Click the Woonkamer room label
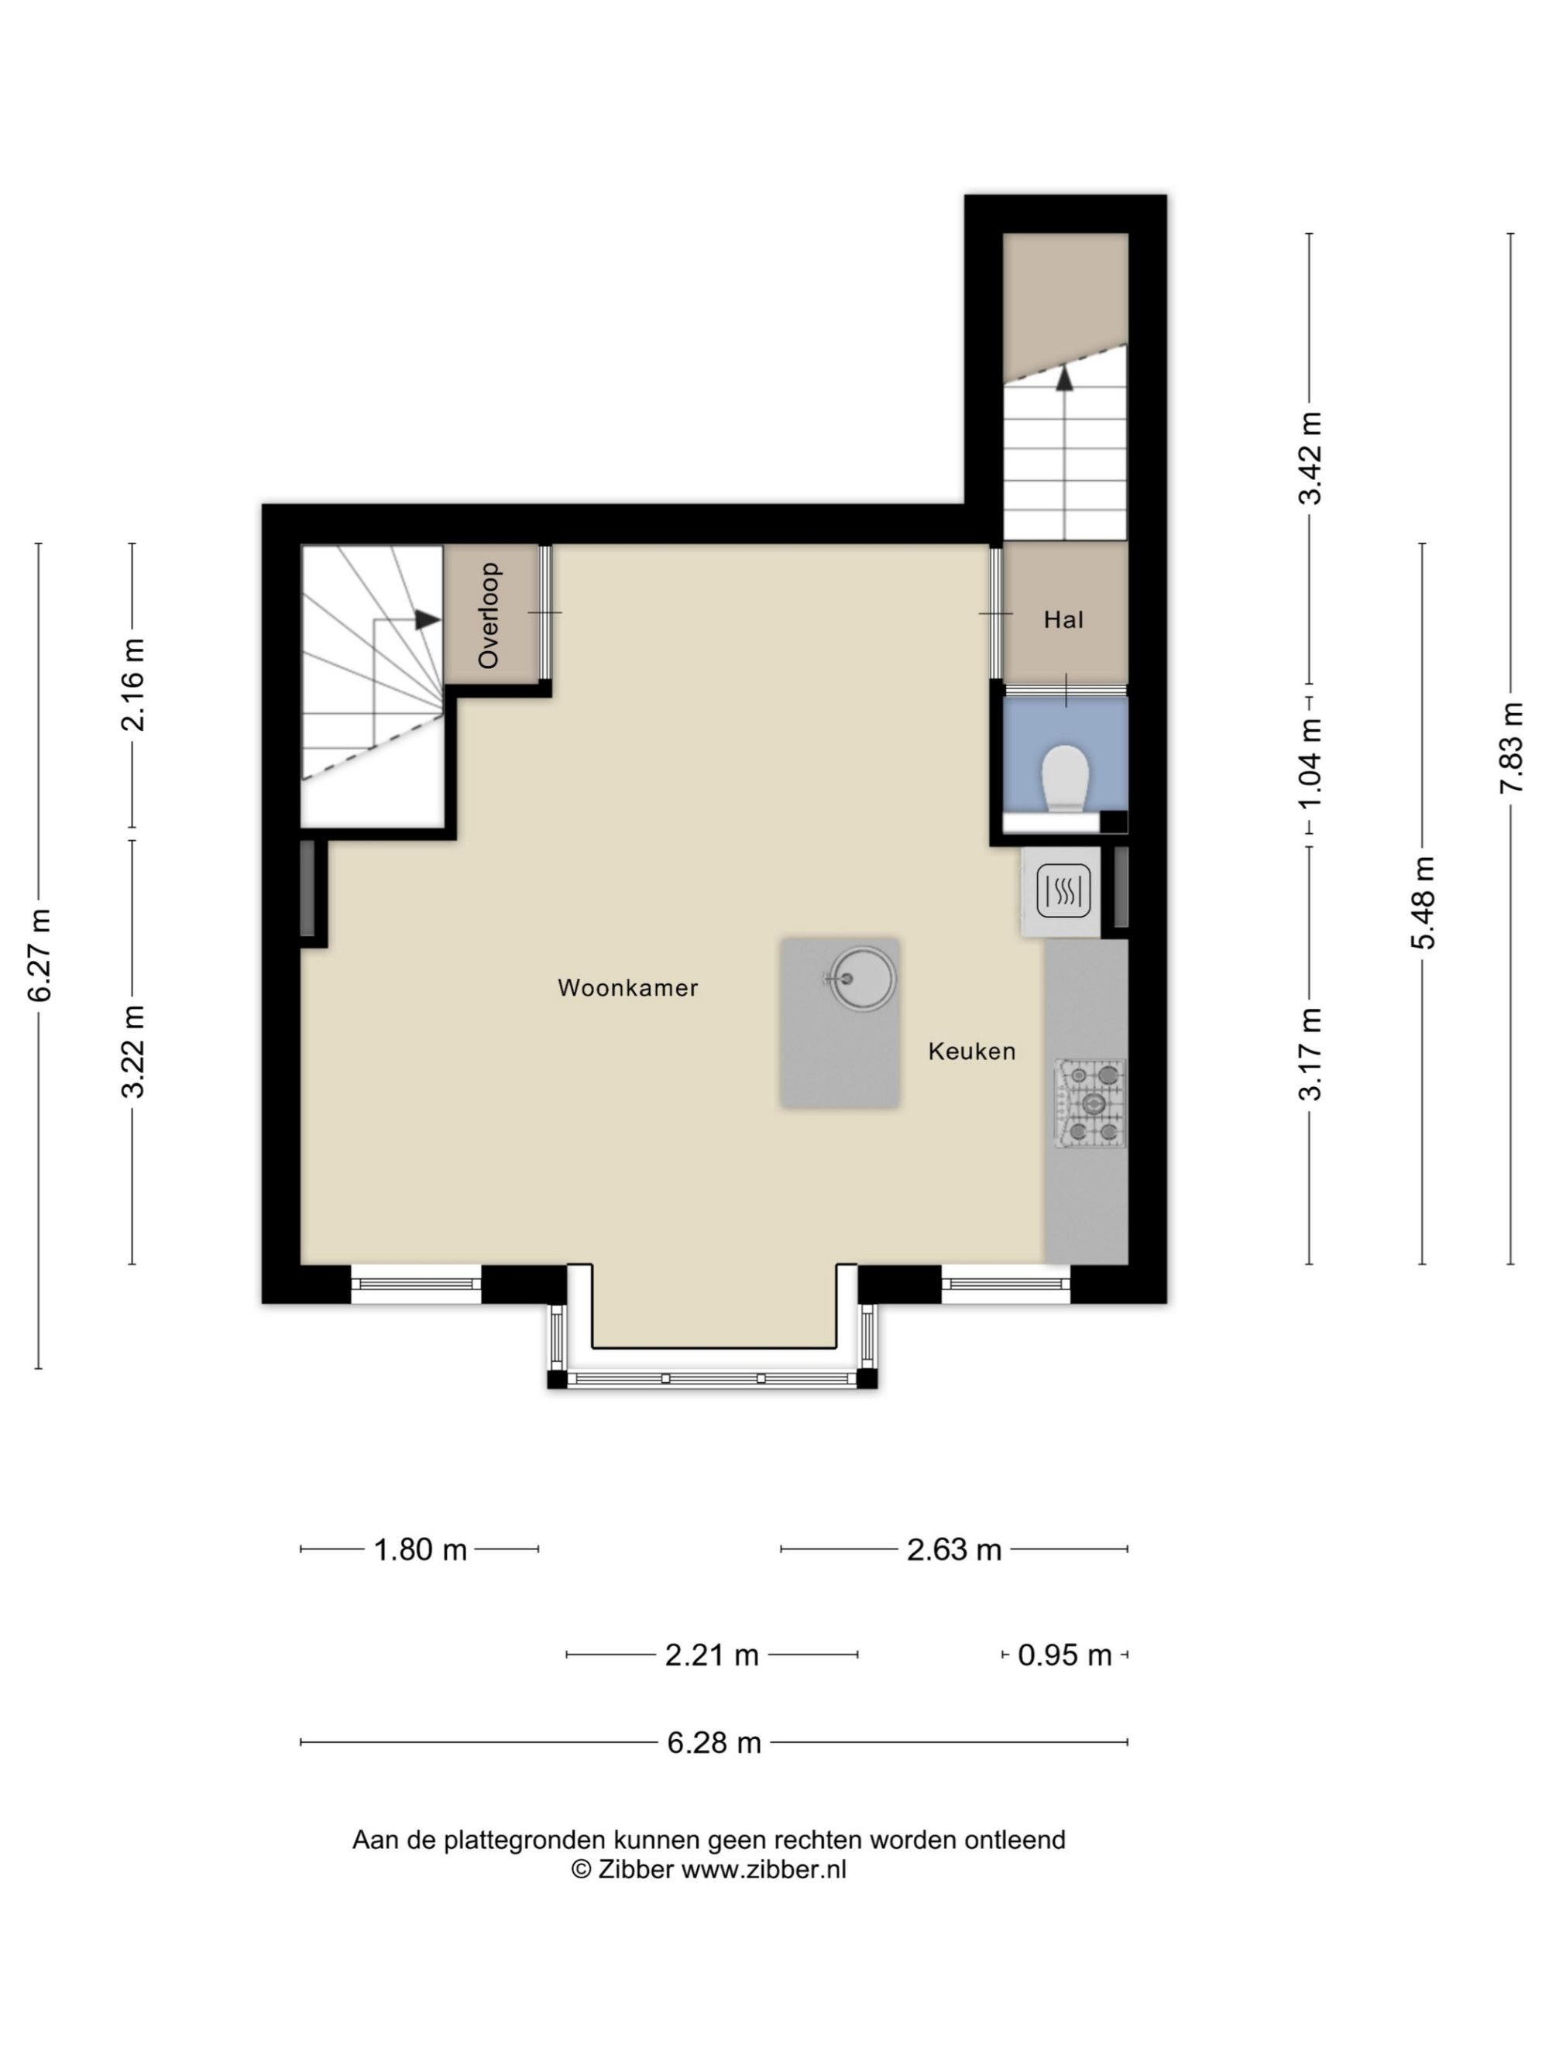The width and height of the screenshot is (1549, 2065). pos(627,988)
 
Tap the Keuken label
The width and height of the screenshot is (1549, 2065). pos(971,1051)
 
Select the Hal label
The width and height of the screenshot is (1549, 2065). pos(1063,620)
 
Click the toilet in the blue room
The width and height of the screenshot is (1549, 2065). pos(1066,777)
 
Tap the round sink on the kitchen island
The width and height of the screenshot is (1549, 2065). pos(862,979)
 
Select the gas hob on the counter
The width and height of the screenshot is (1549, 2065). pos(1090,1103)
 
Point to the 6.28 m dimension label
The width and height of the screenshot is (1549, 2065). pos(713,1743)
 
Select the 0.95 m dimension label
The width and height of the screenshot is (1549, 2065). pos(1064,1655)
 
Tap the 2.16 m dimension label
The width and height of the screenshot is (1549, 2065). pos(132,684)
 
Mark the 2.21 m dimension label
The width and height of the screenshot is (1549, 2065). pos(712,1655)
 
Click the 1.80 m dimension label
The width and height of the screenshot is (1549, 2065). pos(420,1549)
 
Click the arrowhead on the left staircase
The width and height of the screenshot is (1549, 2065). pos(428,619)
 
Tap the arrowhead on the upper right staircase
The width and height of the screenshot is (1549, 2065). pos(1064,377)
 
